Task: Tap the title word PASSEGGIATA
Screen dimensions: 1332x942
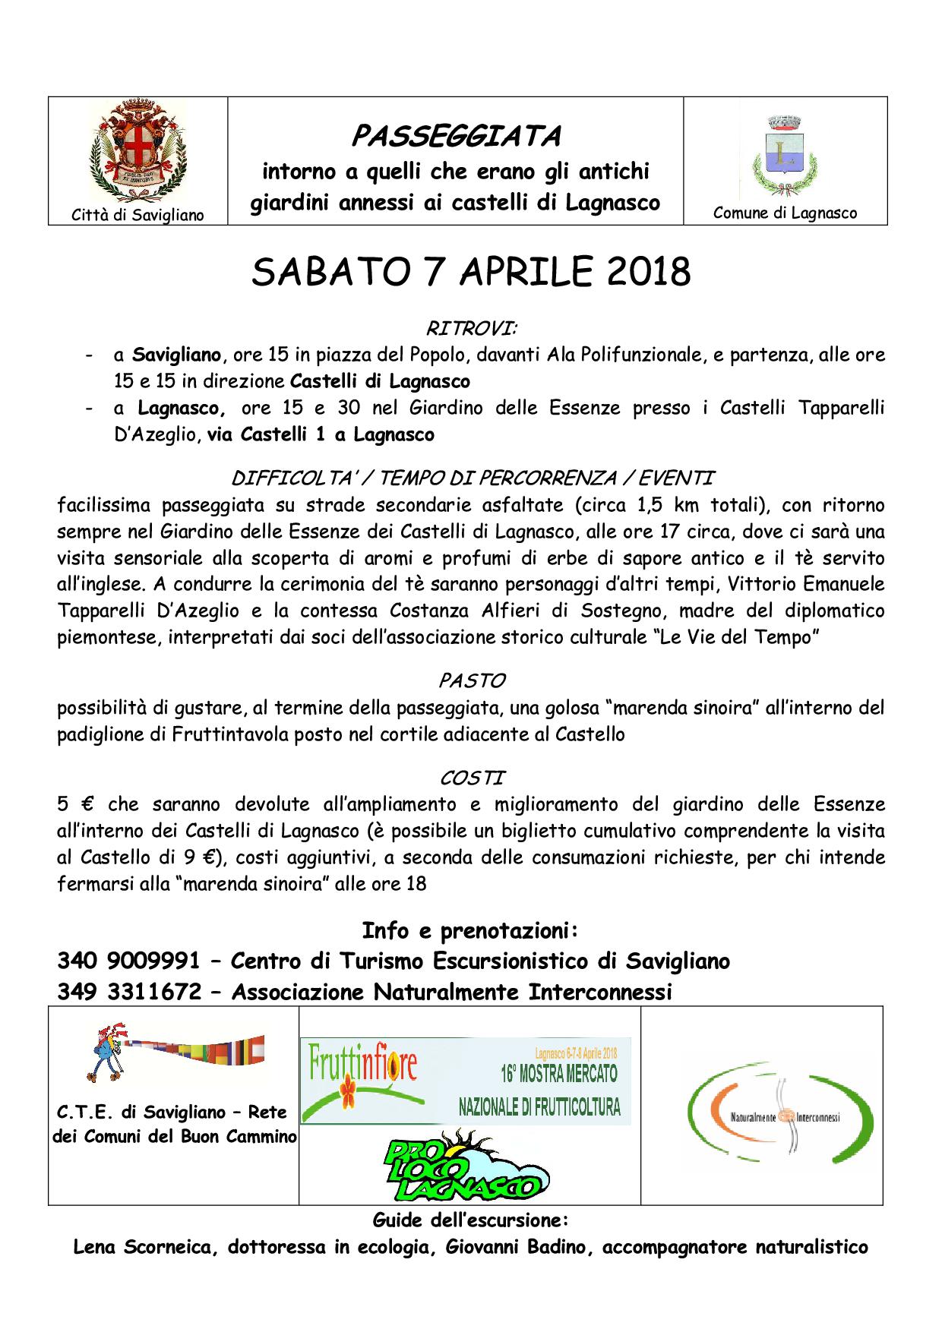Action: click(456, 137)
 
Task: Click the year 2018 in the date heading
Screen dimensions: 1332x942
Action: click(644, 272)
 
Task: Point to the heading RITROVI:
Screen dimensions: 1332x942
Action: click(471, 329)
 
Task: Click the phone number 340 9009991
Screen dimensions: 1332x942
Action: click(128, 961)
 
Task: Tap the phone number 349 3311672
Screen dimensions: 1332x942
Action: click(128, 992)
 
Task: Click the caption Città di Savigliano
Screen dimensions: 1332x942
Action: click(138, 215)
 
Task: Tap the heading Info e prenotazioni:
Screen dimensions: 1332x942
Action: click(471, 930)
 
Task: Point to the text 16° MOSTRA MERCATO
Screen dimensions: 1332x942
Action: click(558, 1074)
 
